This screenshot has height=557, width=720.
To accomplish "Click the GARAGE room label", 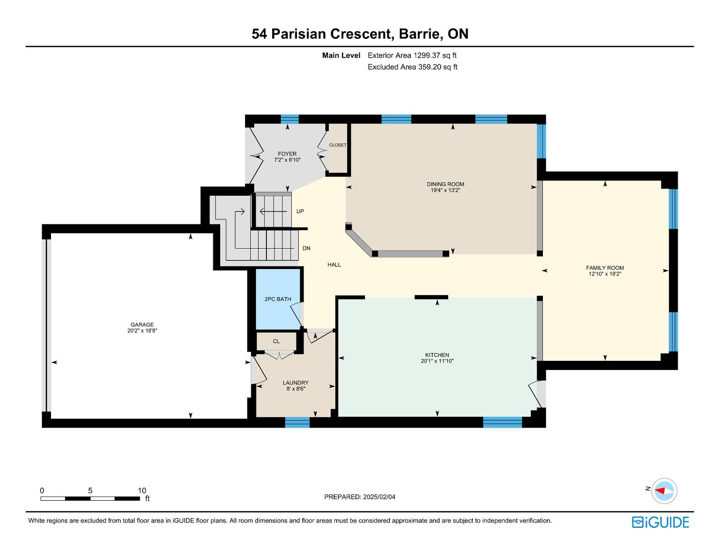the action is pos(142,324).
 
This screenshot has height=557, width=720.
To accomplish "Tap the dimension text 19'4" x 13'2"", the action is pos(445,190).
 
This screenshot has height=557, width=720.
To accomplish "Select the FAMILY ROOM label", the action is pos(605,268).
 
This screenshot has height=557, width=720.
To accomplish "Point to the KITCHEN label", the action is pos(437,355).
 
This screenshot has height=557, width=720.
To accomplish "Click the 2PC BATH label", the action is pos(278,299).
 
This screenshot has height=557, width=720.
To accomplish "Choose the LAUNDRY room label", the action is pos(295,383).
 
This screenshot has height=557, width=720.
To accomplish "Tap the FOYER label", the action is pos(287,154).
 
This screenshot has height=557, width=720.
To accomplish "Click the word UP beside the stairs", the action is pos(300,211).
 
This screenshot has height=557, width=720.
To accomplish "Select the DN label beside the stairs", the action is pos(306,248).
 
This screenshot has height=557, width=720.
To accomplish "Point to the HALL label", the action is pos(334,265).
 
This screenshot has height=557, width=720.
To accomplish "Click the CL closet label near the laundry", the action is pos(277,341).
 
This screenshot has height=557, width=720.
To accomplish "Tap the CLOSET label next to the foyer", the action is pos(338,145).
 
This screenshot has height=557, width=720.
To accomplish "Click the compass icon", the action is pos(664,491).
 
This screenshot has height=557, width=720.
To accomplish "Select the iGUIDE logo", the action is pos(660,523).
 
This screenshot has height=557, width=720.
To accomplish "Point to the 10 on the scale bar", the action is pos(142,490).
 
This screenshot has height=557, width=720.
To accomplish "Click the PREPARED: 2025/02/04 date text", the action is pos(360,497).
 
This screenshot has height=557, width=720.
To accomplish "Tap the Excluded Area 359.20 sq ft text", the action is pos(412,67).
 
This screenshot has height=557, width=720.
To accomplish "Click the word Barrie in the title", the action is pos(421,34).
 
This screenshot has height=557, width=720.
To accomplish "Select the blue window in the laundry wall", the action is pos(297,422).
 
